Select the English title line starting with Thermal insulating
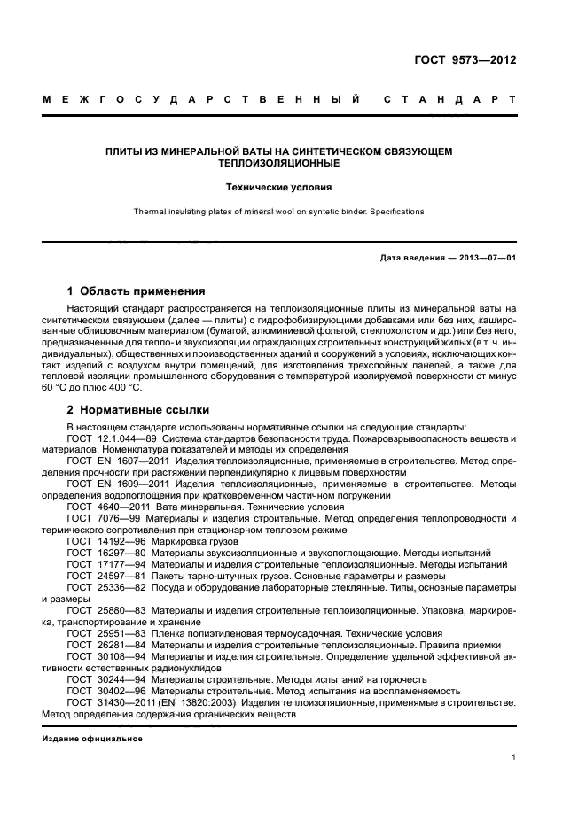278,212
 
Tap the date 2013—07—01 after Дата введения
486,258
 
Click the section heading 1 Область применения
137,291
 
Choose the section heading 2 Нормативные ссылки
138,409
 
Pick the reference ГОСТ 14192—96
99,540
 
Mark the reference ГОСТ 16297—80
99,552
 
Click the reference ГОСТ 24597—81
99,575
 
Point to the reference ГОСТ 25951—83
99,633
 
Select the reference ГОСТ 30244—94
99,678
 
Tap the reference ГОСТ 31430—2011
107,701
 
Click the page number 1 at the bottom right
513,757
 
